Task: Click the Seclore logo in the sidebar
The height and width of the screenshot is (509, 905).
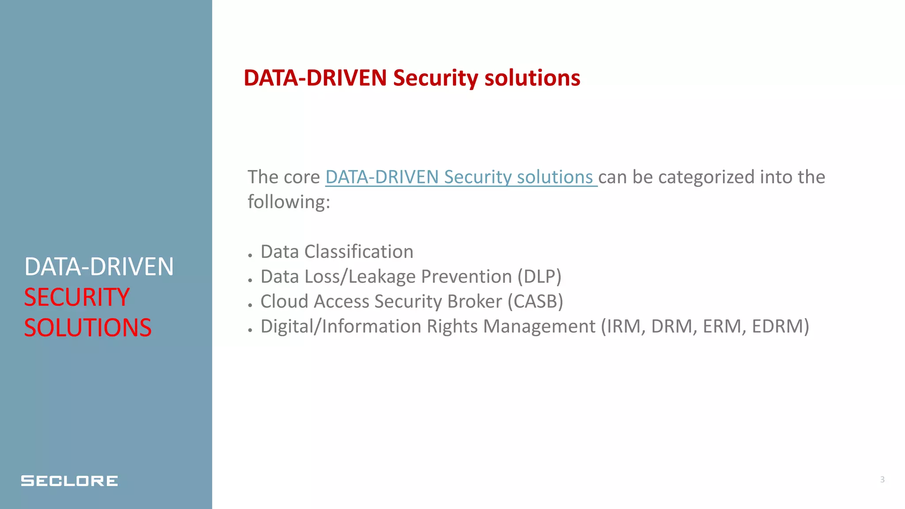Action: click(x=69, y=481)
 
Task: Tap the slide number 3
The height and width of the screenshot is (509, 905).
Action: click(x=882, y=479)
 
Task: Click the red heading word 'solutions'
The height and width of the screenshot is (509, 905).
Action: click(x=532, y=78)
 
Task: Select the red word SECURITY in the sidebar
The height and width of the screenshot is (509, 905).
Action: click(x=77, y=297)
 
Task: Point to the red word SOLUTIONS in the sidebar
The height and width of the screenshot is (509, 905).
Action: click(x=87, y=327)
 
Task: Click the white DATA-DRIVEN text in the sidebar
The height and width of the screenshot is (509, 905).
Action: click(x=99, y=266)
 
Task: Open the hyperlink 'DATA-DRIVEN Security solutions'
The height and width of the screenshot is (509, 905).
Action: click(x=461, y=177)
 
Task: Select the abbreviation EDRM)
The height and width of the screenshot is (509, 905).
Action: click(x=780, y=327)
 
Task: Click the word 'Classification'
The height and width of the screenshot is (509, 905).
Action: click(x=359, y=252)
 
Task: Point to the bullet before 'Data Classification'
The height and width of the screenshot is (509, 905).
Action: click(x=250, y=255)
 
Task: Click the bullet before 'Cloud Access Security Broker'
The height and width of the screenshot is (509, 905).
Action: click(x=250, y=305)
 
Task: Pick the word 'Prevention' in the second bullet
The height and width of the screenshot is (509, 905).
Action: click(x=466, y=277)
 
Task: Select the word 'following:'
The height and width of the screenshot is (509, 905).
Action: click(x=289, y=202)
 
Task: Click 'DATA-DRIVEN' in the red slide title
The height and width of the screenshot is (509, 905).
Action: click(x=315, y=78)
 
